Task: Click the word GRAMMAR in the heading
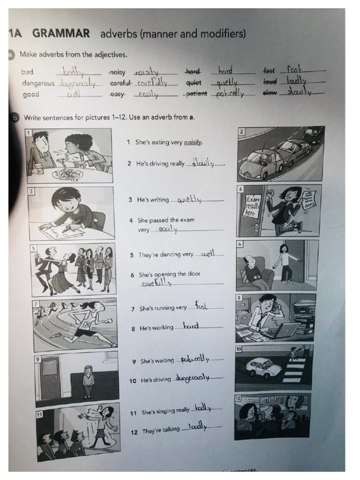60,33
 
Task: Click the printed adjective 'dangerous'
38,83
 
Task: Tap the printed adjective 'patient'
196,93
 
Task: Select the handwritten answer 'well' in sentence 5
207,254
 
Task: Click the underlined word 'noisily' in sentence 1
193,142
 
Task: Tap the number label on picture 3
31,191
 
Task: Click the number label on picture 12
238,398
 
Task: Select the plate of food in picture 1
68,174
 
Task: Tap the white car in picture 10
263,367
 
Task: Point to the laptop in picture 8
284,330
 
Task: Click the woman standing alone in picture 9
88,381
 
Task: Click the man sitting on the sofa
254,271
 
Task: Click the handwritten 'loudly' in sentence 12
197,427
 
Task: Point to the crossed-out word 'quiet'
194,83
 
